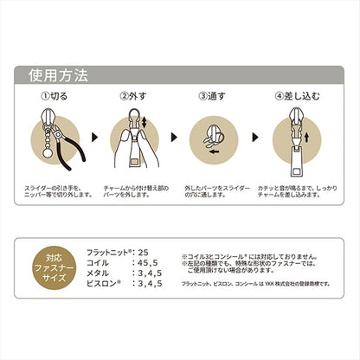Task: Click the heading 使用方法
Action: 56,73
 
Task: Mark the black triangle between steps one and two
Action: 93,137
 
